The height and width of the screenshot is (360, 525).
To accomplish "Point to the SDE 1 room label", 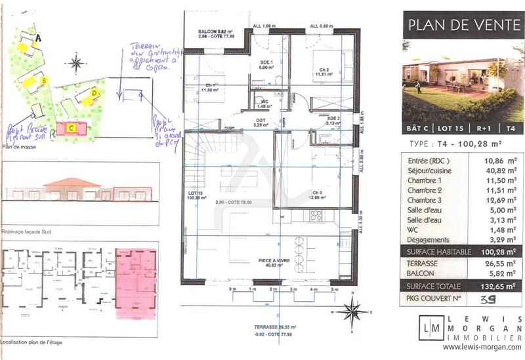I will pos(266,64).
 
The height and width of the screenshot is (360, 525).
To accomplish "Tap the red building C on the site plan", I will pos(71,128).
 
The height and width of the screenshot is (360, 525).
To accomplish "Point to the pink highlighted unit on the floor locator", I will pos(135,282).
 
